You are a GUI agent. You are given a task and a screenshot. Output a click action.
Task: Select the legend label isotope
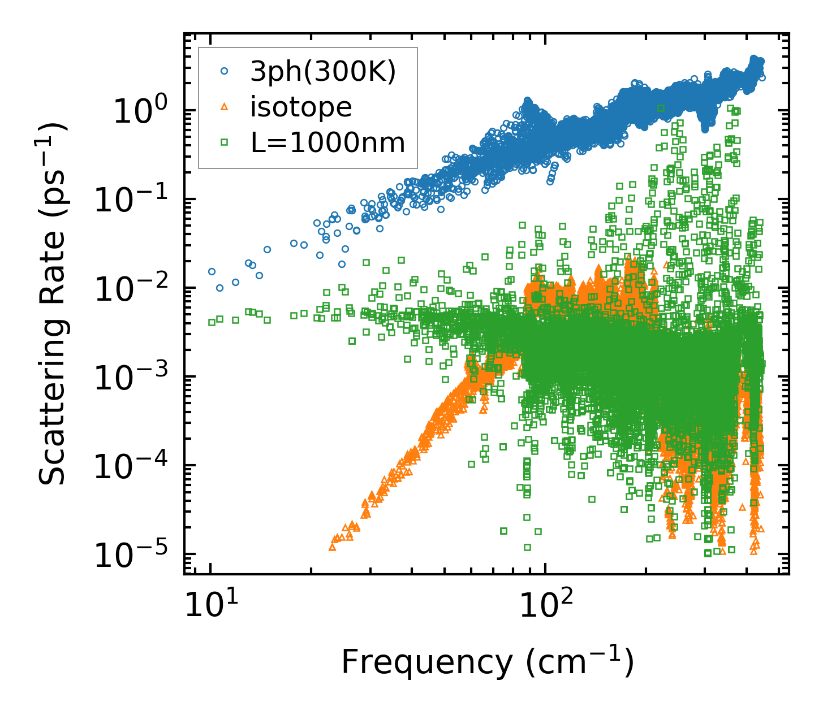pos(301,107)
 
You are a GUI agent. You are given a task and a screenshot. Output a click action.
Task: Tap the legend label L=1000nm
pos(328,143)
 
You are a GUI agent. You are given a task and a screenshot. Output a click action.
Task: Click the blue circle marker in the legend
pos(225,71)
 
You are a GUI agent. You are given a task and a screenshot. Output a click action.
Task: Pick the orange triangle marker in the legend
pos(225,107)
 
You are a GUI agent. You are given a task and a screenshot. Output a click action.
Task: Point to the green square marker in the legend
pos(225,142)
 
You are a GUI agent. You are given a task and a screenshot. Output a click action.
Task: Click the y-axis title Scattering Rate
pos(52,304)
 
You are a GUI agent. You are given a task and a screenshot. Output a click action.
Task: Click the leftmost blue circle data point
pos(212,271)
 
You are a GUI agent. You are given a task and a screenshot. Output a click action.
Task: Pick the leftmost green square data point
pos(212,322)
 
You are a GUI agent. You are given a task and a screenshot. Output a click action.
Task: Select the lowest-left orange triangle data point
pos(333,547)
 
